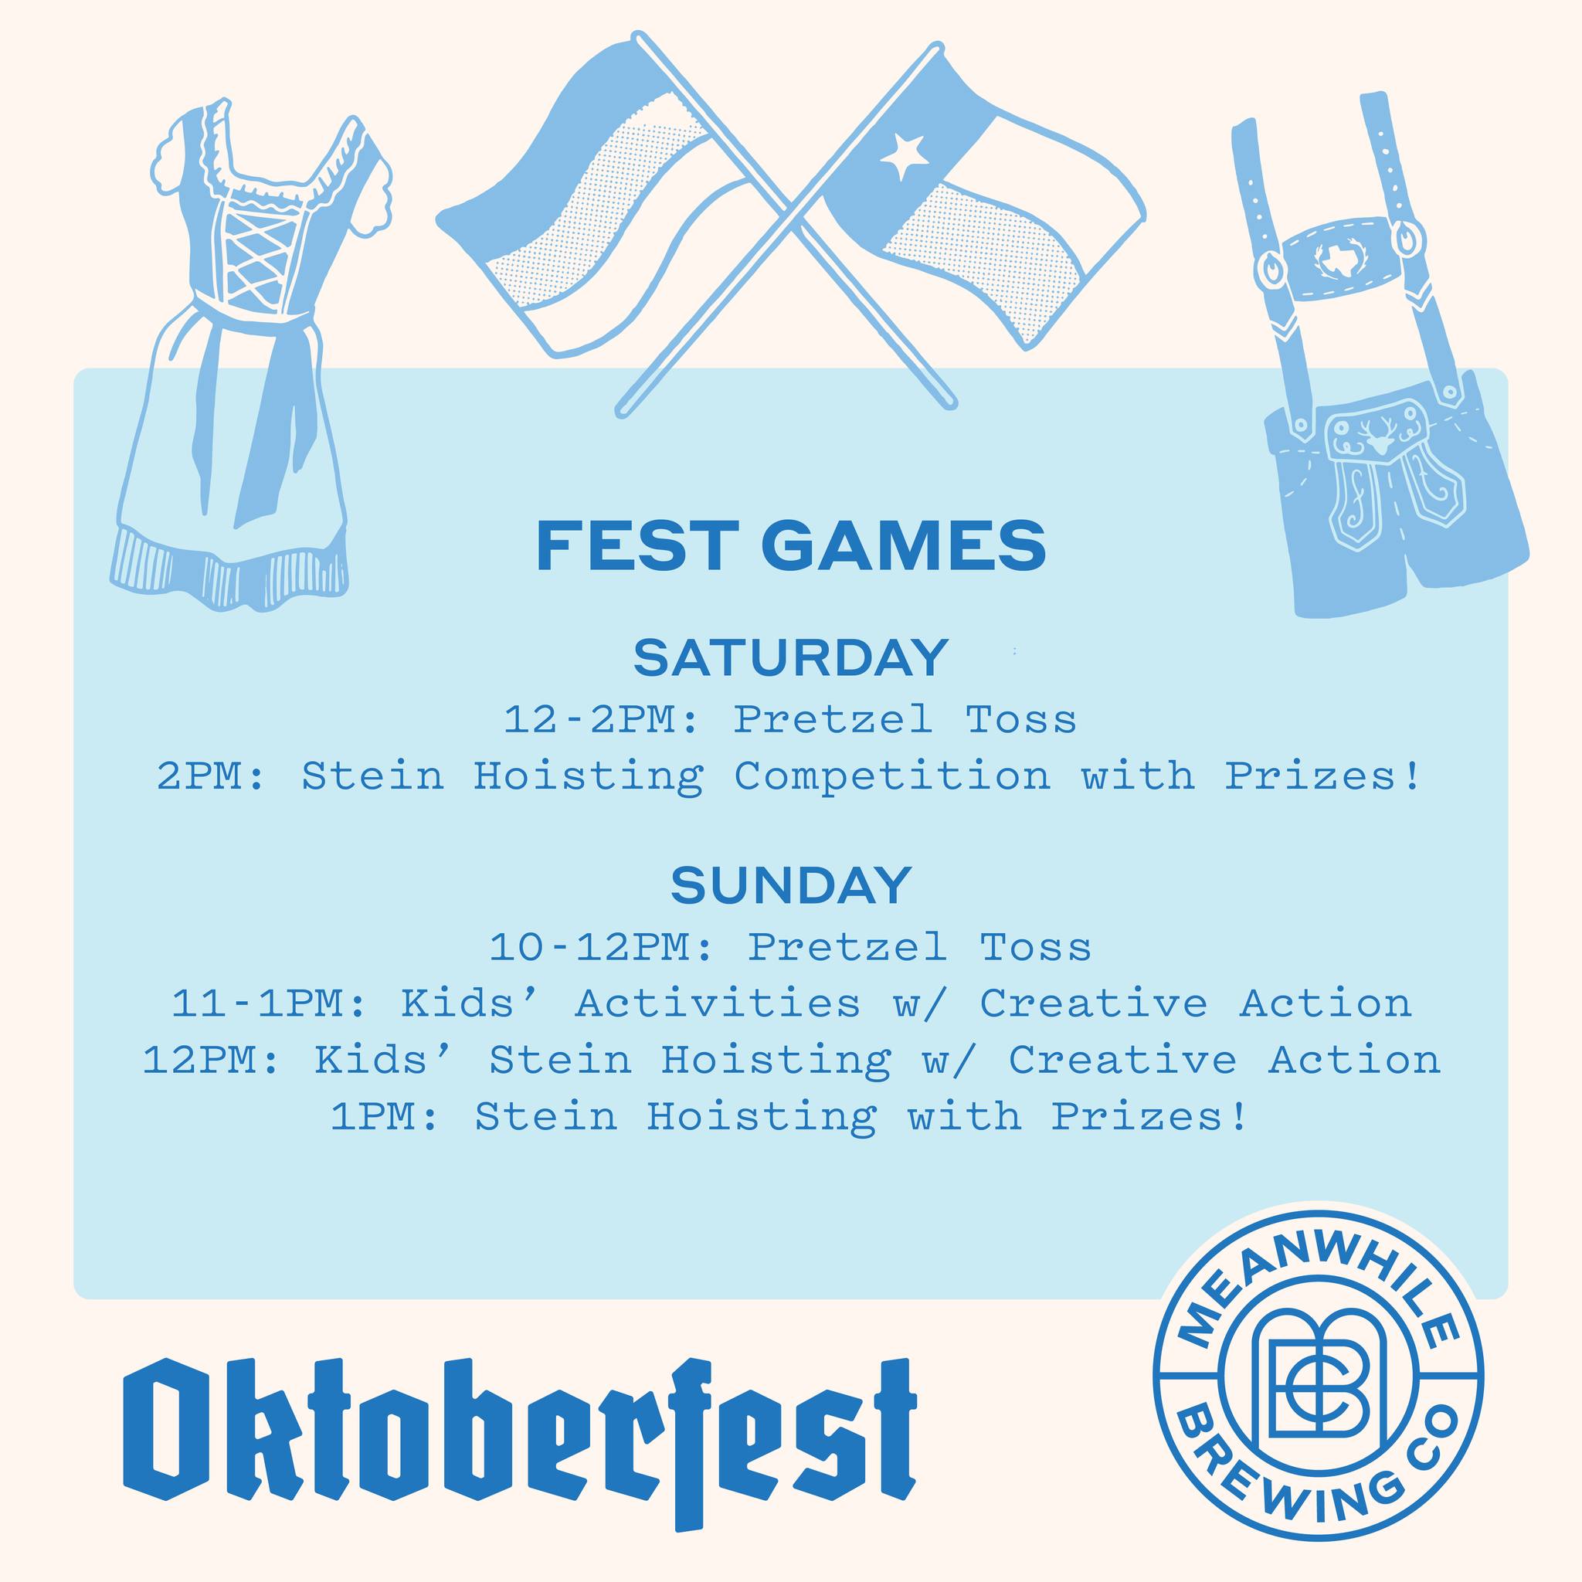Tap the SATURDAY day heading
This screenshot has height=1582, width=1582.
791,657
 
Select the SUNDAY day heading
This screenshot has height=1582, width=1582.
791,885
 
